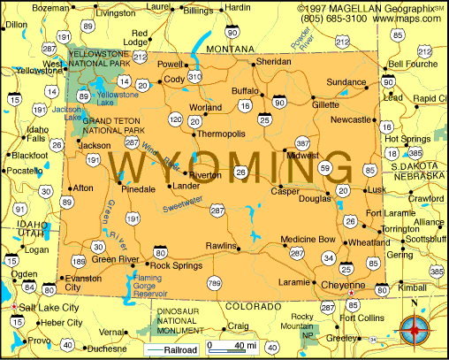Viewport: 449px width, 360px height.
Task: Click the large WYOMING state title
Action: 232,165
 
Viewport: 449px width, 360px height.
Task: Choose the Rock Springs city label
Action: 171,265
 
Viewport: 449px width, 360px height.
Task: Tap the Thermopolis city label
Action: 219,134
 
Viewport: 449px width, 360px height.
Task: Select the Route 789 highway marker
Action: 214,282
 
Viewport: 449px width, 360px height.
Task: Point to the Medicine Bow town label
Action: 308,239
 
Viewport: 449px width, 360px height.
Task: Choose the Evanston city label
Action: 86,282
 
